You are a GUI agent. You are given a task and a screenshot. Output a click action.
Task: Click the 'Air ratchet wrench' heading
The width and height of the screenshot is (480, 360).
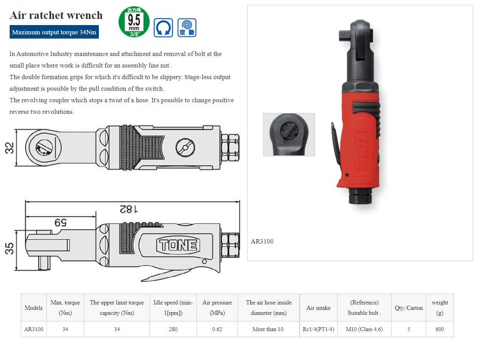tap(56, 15)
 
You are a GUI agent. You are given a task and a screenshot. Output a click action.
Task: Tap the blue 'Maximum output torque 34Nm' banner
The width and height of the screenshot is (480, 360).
tap(54, 32)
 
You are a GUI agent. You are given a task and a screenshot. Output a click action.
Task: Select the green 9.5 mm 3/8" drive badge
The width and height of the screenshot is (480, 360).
tap(134, 22)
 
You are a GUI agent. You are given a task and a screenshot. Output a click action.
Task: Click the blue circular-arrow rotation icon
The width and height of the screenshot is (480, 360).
tap(163, 28)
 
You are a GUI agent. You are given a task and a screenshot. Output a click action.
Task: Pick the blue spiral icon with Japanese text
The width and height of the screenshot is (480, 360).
tap(187, 28)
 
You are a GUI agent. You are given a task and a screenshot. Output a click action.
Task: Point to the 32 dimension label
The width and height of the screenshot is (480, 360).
tap(9, 148)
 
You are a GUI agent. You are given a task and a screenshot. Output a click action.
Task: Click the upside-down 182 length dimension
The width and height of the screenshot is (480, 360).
tap(129, 209)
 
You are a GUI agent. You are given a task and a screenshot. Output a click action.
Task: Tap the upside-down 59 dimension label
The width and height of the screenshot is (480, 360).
tap(61, 223)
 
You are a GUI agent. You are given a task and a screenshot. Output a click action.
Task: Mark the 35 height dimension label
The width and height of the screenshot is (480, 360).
tap(9, 248)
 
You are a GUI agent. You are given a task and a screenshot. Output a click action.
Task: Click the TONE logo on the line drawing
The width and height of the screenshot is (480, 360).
tap(178, 245)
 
